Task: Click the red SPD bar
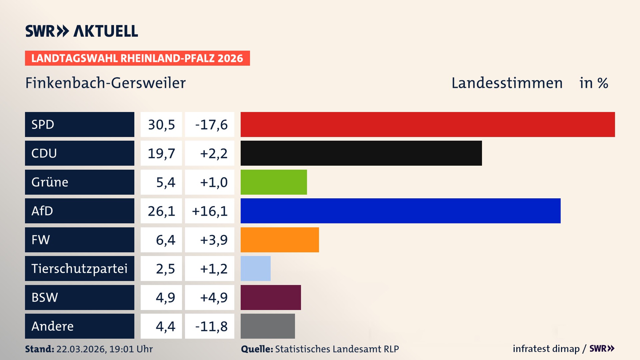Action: click(x=428, y=124)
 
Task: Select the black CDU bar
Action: click(x=361, y=153)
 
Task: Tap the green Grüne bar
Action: click(x=274, y=182)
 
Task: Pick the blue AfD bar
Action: click(x=400, y=211)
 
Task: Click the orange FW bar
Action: click(x=280, y=240)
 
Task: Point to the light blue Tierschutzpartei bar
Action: click(x=256, y=268)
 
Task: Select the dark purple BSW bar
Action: click(x=271, y=297)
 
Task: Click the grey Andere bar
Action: click(x=268, y=326)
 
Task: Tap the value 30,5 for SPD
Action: click(x=161, y=125)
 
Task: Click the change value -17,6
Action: click(x=211, y=125)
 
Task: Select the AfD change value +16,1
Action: click(x=210, y=211)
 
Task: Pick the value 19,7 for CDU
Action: click(x=161, y=153)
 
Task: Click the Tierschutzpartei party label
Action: click(x=79, y=268)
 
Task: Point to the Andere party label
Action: click(x=53, y=326)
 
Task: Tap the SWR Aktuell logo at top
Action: click(x=82, y=31)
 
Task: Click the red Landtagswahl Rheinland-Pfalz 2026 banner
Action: click(x=137, y=58)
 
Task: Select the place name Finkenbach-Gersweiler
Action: click(x=105, y=83)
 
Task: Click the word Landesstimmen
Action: click(x=507, y=83)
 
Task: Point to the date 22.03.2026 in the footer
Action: click(x=81, y=349)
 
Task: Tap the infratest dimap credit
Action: click(x=546, y=349)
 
